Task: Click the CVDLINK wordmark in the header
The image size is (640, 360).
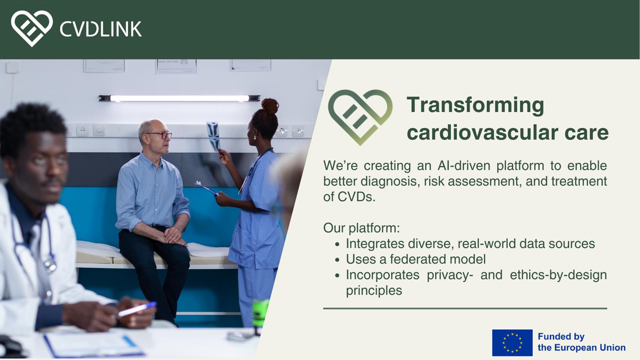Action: click(101, 29)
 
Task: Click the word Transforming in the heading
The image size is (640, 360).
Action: click(475, 106)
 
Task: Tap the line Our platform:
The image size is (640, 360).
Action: click(361, 228)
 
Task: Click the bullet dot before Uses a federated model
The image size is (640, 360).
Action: click(337, 260)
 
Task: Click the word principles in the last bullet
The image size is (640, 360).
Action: click(374, 291)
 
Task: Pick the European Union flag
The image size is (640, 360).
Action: click(512, 342)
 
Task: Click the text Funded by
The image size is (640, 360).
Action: click(561, 337)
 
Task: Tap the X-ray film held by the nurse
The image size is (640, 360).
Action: click(214, 136)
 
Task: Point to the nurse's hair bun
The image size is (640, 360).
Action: click(270, 106)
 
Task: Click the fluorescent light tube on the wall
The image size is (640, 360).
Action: click(180, 98)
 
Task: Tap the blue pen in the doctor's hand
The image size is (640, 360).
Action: click(137, 309)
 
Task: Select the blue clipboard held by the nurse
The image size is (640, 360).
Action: click(207, 188)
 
